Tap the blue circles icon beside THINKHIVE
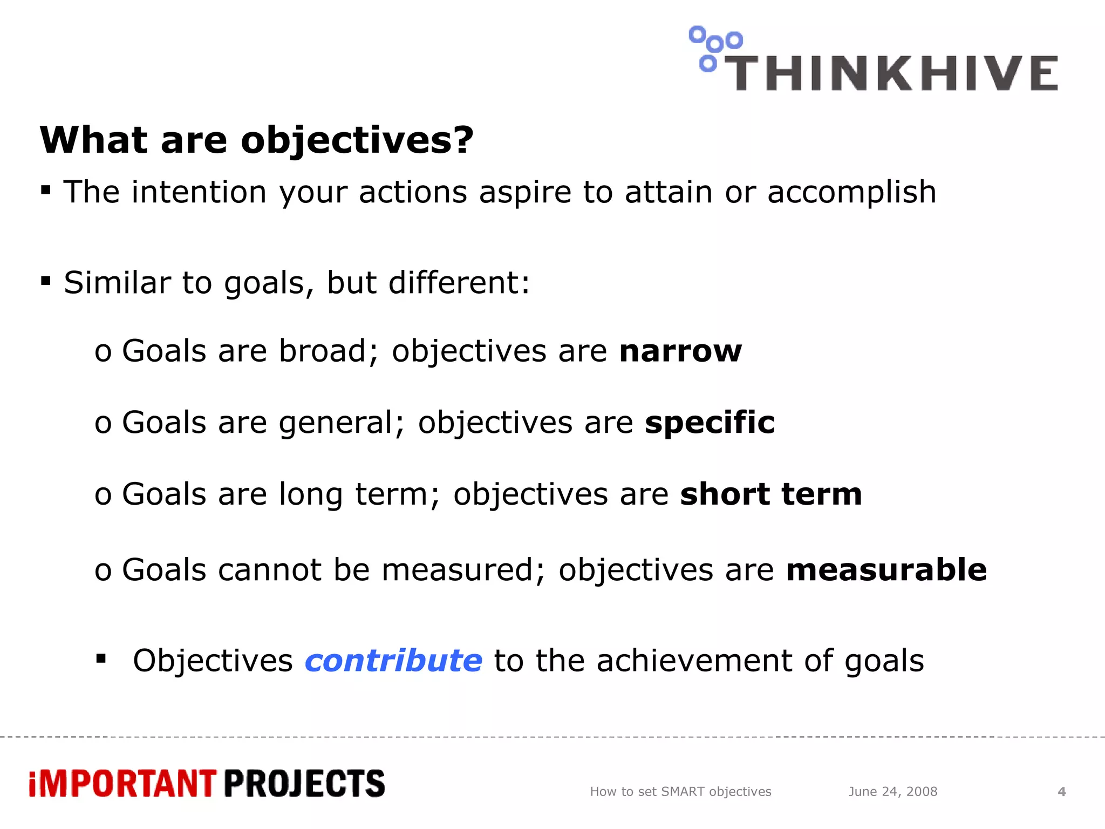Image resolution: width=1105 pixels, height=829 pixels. pyautogui.click(x=714, y=47)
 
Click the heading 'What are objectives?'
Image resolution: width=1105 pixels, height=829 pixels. pyautogui.click(x=257, y=140)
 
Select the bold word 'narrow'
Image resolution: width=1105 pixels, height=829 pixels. pyautogui.click(x=680, y=351)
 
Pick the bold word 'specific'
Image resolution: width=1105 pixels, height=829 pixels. pyautogui.click(x=710, y=422)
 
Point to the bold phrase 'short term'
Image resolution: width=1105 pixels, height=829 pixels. pyautogui.click(x=771, y=494)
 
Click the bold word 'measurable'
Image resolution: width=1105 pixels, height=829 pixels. pyautogui.click(x=886, y=570)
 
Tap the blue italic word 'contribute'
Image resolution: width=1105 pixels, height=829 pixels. pyautogui.click(x=393, y=661)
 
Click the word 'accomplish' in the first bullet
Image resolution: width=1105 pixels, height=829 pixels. pyautogui.click(x=851, y=192)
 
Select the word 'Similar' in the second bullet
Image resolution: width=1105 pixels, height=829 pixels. pyautogui.click(x=117, y=283)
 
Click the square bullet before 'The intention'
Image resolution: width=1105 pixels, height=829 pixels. pyautogui.click(x=46, y=190)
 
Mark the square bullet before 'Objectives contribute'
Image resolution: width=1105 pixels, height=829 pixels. pyautogui.click(x=101, y=658)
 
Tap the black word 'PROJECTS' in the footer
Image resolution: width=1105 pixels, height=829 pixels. pyautogui.click(x=304, y=784)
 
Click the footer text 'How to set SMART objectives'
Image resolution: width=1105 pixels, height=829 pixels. pyautogui.click(x=680, y=792)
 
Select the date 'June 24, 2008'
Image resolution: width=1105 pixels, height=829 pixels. pyautogui.click(x=892, y=792)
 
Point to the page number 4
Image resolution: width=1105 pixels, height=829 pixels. pyautogui.click(x=1061, y=792)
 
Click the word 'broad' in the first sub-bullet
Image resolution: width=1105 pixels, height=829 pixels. pyautogui.click(x=323, y=351)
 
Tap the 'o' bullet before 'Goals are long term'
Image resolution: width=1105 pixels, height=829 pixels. pyautogui.click(x=103, y=495)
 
